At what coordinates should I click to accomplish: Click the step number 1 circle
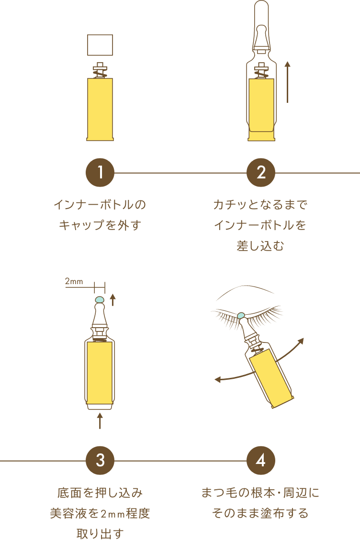coord(100,173)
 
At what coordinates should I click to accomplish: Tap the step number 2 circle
coord(261,173)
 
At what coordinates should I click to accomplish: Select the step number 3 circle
coord(100,461)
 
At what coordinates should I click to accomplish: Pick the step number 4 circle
coord(261,461)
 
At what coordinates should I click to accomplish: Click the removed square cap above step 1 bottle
coord(100,45)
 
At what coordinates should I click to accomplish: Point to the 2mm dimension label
coord(74,281)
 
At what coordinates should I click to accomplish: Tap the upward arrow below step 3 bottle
coord(100,420)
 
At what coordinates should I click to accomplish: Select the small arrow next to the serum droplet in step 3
coord(112,300)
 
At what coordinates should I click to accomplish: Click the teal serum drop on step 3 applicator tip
coord(100,299)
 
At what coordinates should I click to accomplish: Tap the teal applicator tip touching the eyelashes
coord(241,316)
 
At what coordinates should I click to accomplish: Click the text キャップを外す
coord(100,225)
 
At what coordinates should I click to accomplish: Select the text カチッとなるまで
coord(260,205)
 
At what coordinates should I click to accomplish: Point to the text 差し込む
coord(260,246)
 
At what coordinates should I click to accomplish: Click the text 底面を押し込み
coord(100,493)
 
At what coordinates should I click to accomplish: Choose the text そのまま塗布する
coord(260,513)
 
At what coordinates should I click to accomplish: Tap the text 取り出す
coord(100,533)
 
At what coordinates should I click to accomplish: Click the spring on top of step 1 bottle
coord(100,73)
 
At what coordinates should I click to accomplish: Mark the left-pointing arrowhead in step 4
coord(218,379)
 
